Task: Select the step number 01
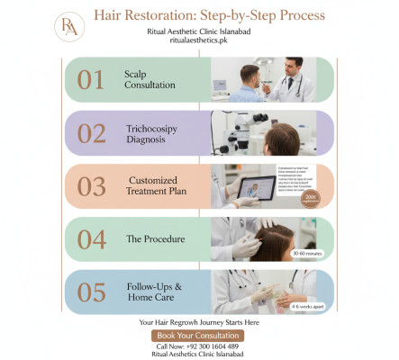click(91, 79)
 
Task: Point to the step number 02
click(92, 132)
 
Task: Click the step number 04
click(92, 238)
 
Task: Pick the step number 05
click(92, 292)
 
